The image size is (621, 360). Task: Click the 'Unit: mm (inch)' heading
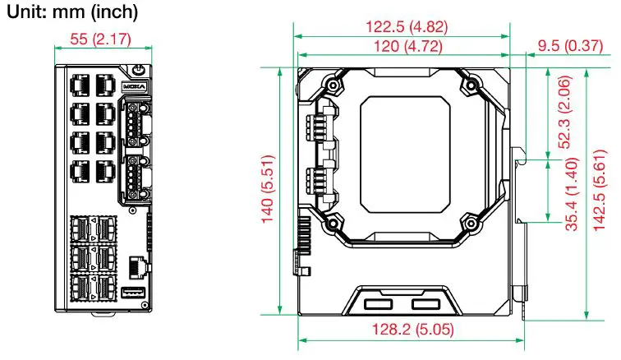coord(71,13)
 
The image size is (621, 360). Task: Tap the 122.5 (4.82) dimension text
coord(402,26)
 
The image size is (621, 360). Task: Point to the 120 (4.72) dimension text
coord(402,47)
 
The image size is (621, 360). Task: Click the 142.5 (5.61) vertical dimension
coord(603,191)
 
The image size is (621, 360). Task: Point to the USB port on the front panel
coord(131,293)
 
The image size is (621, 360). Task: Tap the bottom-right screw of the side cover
coord(471,220)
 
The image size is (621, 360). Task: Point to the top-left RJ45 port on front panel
coord(82,85)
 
